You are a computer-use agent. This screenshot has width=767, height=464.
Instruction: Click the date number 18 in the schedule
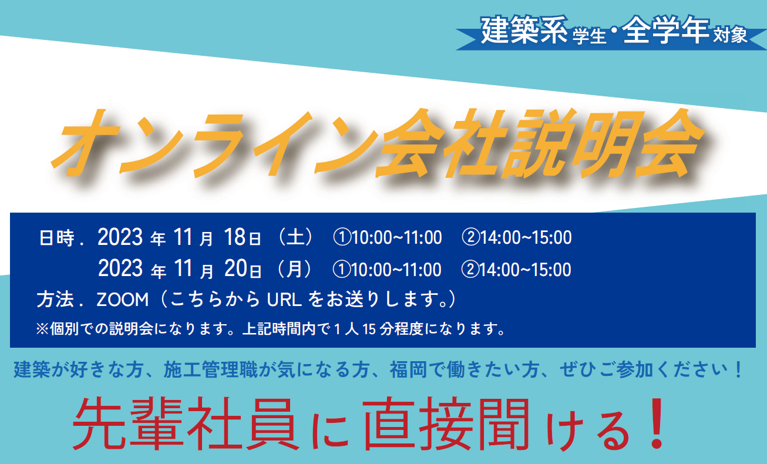234,237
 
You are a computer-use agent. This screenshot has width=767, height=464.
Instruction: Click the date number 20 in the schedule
236,268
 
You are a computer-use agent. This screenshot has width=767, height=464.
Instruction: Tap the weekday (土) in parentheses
295,237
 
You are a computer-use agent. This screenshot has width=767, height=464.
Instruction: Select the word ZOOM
123,300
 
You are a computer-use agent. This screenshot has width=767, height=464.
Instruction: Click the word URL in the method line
284,300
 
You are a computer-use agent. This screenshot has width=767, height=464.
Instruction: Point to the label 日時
56,238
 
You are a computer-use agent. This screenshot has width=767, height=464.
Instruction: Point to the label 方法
55,300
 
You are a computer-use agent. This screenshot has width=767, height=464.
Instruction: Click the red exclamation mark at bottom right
657,423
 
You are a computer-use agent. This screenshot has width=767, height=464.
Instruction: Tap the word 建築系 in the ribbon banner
524,30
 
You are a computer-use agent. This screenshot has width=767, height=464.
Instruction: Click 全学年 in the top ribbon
665,30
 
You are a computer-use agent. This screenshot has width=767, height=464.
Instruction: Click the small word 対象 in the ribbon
730,35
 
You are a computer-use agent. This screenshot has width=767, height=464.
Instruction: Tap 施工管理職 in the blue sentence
211,369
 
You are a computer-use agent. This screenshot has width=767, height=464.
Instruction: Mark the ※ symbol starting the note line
42,329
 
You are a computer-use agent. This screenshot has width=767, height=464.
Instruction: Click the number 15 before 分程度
369,329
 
